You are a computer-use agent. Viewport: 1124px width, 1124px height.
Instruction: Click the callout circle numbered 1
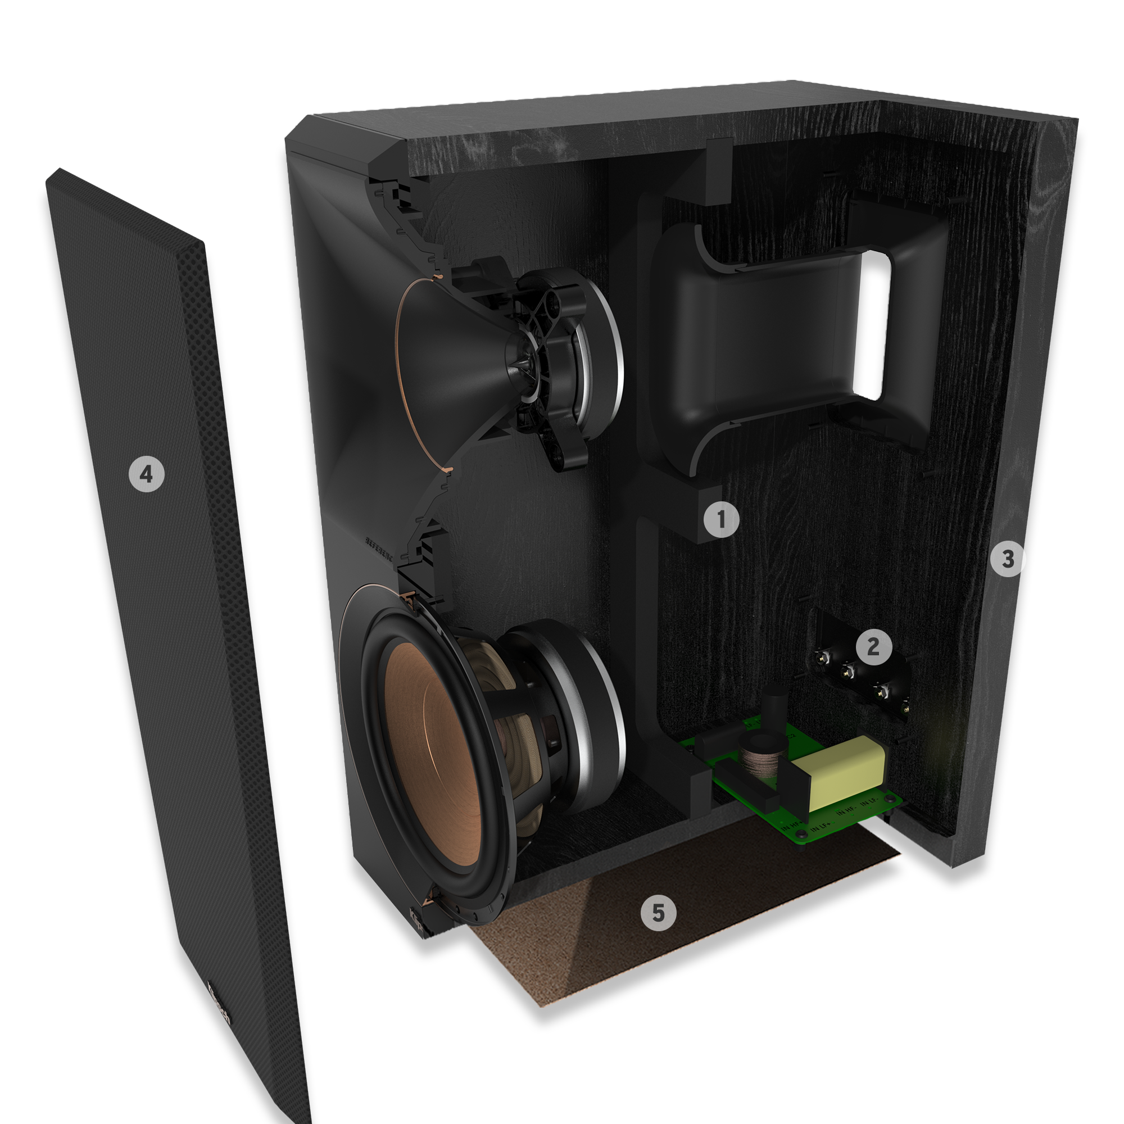[x=722, y=519]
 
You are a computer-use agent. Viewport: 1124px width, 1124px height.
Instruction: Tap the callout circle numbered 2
[x=873, y=646]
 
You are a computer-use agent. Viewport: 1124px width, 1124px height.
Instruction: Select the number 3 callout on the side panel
[x=1008, y=559]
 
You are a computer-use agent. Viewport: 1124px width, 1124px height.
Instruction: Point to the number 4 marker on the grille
[x=147, y=474]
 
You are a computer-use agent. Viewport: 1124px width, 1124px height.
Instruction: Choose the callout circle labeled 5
[x=658, y=913]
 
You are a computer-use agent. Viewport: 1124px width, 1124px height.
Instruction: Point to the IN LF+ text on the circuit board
[x=823, y=826]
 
